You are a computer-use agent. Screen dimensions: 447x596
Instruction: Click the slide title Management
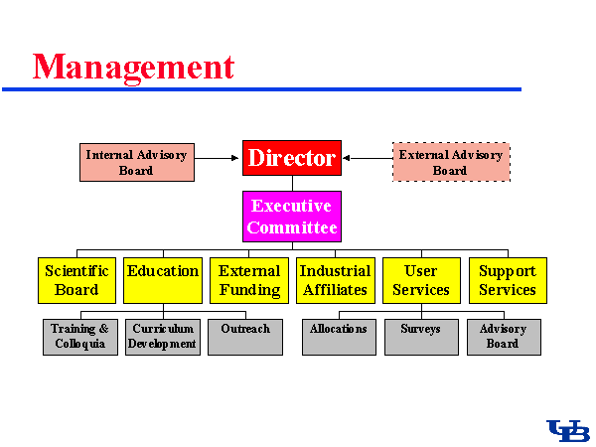(x=133, y=67)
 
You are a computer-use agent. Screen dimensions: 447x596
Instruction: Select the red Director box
(x=292, y=157)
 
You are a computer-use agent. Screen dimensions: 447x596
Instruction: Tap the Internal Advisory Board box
(x=136, y=163)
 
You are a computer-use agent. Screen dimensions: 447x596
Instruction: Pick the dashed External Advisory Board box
(x=451, y=162)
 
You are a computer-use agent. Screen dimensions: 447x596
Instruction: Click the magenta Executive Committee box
(x=292, y=217)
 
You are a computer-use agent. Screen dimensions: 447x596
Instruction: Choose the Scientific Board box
(x=76, y=280)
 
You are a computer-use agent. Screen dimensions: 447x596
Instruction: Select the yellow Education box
(x=163, y=280)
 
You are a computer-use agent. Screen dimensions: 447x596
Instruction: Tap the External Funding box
(x=249, y=280)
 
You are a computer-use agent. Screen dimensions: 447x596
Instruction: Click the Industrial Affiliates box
(x=335, y=280)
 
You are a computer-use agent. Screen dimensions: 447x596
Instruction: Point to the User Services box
(x=421, y=280)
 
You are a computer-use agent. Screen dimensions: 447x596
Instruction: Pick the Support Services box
(x=508, y=280)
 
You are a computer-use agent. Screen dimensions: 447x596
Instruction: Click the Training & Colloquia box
(x=79, y=337)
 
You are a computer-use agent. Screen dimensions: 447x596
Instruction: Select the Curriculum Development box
(x=163, y=337)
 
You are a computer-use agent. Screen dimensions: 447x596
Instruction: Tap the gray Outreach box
(x=245, y=337)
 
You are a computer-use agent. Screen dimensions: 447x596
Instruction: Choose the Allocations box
(x=339, y=337)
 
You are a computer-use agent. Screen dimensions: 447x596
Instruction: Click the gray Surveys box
(x=421, y=337)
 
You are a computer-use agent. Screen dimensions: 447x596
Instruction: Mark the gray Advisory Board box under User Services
(x=504, y=337)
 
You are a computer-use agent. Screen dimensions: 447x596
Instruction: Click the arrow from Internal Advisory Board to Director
(x=218, y=157)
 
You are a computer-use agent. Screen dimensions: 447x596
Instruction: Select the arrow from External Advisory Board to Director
(x=367, y=157)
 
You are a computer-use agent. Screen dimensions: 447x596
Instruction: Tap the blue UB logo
(x=568, y=430)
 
